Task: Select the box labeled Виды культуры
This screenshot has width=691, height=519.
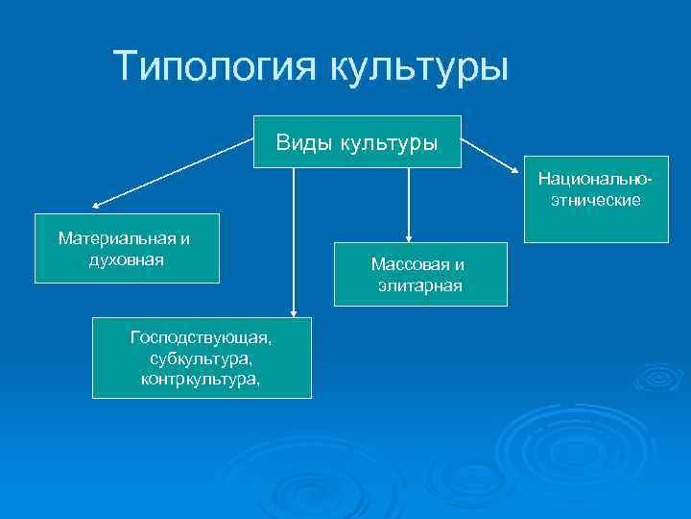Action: coord(357,142)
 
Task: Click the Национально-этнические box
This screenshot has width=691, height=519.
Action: coord(595,199)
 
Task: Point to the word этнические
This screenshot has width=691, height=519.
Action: coord(595,201)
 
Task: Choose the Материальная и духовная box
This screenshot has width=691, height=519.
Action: coord(127,248)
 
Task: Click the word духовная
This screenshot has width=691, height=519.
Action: coord(125,259)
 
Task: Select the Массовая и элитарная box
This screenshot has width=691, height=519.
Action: coord(419,274)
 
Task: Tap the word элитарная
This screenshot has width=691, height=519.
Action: coord(419,285)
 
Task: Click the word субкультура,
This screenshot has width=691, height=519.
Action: coord(202,358)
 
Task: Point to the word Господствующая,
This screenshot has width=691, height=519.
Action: coord(202,337)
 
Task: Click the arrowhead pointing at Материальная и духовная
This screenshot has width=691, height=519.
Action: coord(97,205)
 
